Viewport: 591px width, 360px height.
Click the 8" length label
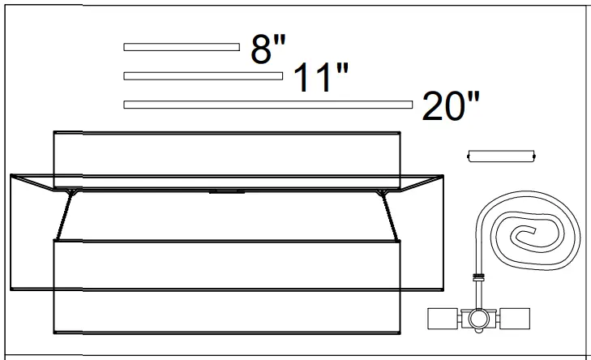(268, 50)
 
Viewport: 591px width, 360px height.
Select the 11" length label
(320, 79)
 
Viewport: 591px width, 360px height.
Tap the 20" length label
(451, 107)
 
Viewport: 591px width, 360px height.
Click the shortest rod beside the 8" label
(181, 47)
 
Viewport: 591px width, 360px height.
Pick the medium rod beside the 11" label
(203, 76)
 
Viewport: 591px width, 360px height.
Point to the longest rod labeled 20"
(268, 105)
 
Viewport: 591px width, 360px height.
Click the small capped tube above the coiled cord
(502, 156)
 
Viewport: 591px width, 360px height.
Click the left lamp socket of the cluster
(443, 319)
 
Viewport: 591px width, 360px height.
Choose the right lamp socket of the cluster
(516, 319)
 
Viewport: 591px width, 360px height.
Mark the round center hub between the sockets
(479, 319)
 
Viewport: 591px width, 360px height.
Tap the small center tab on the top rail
(227, 192)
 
